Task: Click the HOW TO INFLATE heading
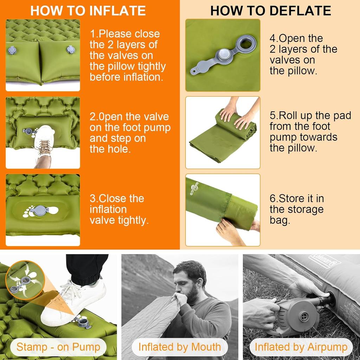[x=88, y=11]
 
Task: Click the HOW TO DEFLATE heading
[x=270, y=11]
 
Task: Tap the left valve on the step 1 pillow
[x=12, y=50]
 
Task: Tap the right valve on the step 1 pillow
[x=71, y=49]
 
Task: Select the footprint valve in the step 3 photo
[x=39, y=211]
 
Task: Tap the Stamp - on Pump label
[x=58, y=347]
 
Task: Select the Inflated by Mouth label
[x=180, y=347]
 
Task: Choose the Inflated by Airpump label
[x=301, y=347]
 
